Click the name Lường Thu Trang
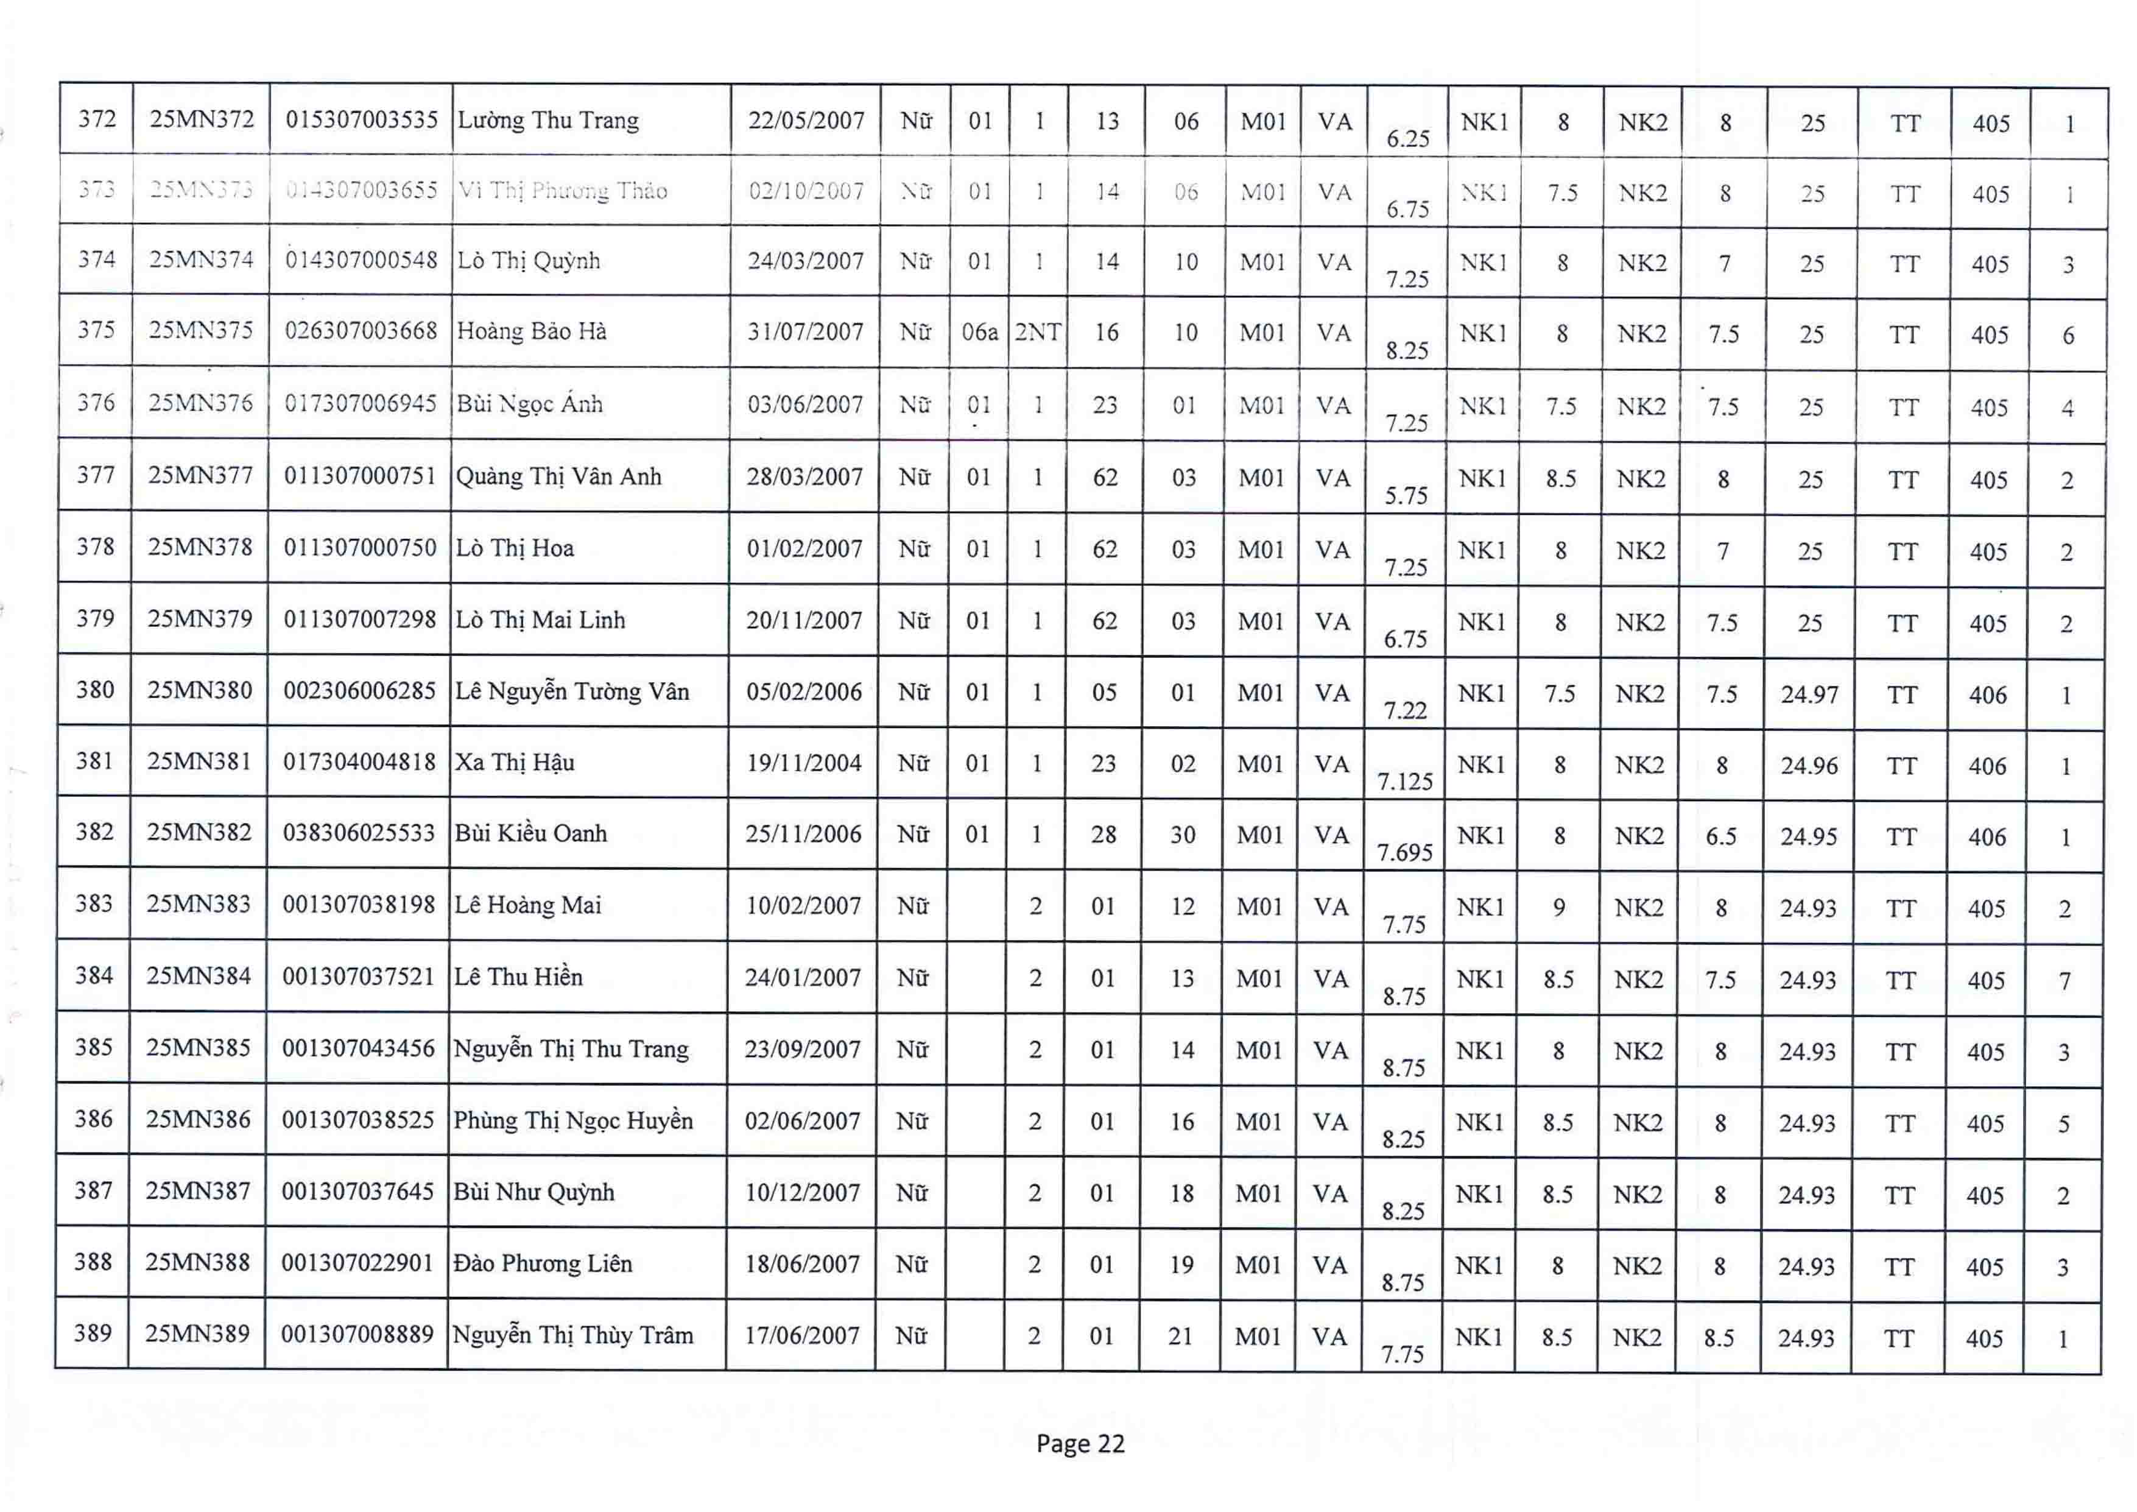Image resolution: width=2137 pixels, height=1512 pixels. [x=548, y=121]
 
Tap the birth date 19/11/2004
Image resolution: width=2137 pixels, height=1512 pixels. [x=804, y=763]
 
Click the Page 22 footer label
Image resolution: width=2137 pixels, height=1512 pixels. [x=1080, y=1444]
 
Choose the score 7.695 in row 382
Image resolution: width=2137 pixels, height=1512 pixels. [x=1404, y=852]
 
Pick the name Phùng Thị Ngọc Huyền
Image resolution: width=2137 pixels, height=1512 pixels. [x=572, y=1121]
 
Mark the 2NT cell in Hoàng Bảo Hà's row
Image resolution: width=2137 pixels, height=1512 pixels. [x=1037, y=333]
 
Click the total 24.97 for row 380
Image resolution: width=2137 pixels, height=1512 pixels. [x=1809, y=694]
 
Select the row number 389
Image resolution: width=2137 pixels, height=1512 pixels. [x=93, y=1334]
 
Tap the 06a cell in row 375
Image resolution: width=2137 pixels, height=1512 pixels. [x=979, y=333]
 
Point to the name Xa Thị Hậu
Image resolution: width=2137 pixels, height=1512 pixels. [x=515, y=763]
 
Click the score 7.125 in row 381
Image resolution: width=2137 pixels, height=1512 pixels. [x=1404, y=781]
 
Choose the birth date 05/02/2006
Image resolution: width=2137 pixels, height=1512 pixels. [x=804, y=692]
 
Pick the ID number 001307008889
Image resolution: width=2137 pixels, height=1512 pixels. [x=357, y=1335]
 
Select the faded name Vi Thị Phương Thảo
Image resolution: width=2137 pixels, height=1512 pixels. [x=562, y=191]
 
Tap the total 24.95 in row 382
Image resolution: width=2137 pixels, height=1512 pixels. [x=1809, y=837]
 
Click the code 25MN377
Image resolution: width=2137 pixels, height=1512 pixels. [x=200, y=476]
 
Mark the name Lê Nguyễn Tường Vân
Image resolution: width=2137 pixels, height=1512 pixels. [x=571, y=692]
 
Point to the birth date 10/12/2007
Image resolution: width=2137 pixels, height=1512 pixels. [x=802, y=1193]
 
